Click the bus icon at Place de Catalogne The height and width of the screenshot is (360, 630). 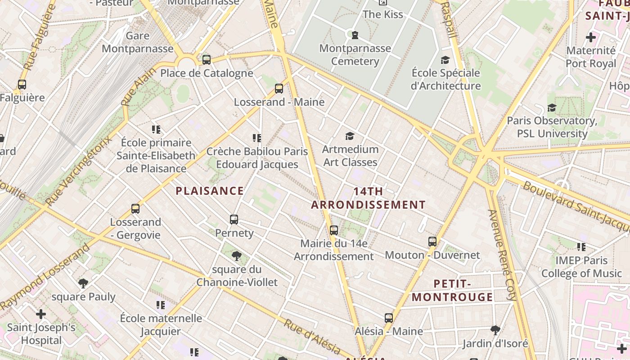(x=207, y=59)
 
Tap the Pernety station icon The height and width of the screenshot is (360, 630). (x=234, y=220)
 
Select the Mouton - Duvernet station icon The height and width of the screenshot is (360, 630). (x=432, y=242)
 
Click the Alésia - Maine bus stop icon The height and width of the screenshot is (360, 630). (x=389, y=318)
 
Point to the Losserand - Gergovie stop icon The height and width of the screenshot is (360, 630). (x=135, y=209)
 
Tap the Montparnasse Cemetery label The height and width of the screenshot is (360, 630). (x=355, y=54)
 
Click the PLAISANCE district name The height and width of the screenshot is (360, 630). (x=210, y=191)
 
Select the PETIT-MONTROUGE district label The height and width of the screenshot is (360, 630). (x=452, y=290)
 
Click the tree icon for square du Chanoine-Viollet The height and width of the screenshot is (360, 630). (x=236, y=256)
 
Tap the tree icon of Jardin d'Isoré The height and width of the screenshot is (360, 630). (x=495, y=330)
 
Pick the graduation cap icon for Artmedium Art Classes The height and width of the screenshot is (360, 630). (x=350, y=136)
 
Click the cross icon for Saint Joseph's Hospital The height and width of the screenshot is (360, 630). (x=41, y=314)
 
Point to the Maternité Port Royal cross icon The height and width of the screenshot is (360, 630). (x=591, y=37)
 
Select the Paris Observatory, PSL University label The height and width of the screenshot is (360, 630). (x=552, y=127)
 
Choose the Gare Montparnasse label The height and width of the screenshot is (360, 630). (x=137, y=42)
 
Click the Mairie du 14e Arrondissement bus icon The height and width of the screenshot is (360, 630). (x=334, y=230)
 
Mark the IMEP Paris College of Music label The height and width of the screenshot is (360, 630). (x=581, y=266)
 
